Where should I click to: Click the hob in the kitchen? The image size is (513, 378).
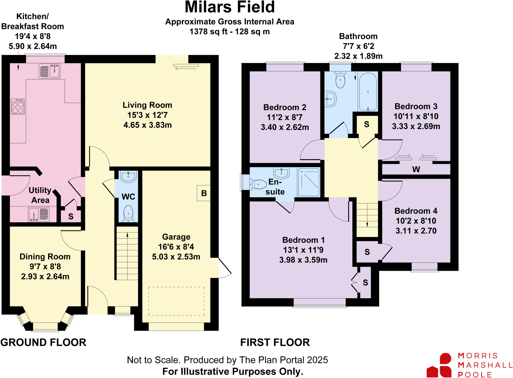18,107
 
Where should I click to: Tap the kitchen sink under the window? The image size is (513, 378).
50,71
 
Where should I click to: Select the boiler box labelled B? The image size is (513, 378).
204,193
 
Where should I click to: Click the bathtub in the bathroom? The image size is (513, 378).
368,92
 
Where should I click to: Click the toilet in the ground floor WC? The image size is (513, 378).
128,214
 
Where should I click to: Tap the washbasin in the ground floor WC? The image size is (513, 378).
128,176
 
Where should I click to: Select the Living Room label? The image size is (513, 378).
147,105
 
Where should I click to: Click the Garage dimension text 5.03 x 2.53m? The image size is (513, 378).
176,257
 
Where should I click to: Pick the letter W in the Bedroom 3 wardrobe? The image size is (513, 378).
416,170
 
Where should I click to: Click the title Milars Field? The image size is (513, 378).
230,7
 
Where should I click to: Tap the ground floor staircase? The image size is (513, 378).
127,253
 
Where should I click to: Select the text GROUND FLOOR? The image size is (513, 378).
43,342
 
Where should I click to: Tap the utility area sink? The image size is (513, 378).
39,214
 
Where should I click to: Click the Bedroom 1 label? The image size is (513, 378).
303,240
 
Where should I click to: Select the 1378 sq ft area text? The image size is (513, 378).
229,32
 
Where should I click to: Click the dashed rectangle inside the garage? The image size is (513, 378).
176,301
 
